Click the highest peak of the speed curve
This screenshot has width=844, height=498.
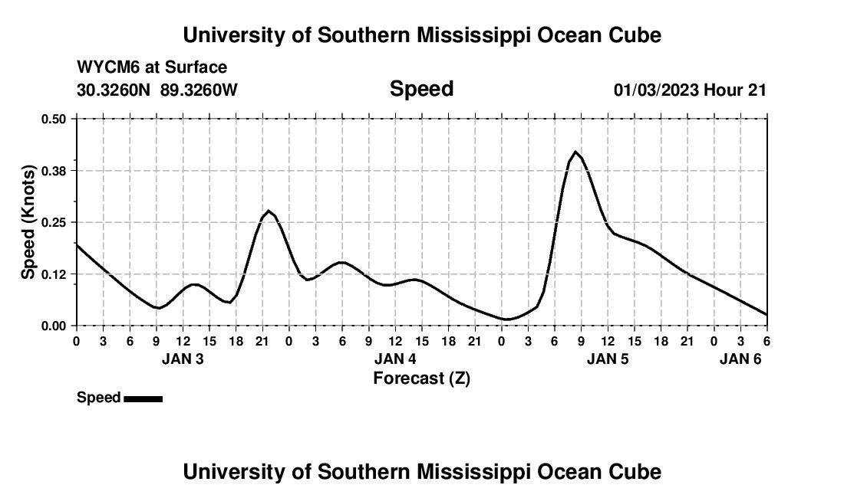(x=575, y=152)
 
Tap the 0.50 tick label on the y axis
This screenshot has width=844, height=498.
(x=54, y=119)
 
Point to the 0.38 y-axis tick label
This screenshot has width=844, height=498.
(x=54, y=170)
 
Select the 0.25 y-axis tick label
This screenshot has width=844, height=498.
(x=54, y=222)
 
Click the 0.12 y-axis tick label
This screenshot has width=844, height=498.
(x=54, y=274)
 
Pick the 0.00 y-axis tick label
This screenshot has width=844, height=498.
(x=54, y=326)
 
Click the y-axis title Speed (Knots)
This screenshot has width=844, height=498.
(x=28, y=222)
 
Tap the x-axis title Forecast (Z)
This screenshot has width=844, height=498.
(x=421, y=378)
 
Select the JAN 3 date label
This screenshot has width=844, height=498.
(x=183, y=359)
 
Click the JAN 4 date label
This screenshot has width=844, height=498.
(x=395, y=359)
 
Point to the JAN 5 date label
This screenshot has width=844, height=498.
(x=608, y=359)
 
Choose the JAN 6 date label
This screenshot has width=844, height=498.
(x=740, y=359)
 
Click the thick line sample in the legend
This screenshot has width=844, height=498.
(x=143, y=398)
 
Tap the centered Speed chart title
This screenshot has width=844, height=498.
(x=421, y=89)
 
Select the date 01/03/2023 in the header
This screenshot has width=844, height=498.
(x=656, y=90)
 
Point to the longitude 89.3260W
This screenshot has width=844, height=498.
(x=199, y=90)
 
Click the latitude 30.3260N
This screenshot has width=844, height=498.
(x=114, y=90)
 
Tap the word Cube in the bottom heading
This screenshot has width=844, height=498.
(x=637, y=472)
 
